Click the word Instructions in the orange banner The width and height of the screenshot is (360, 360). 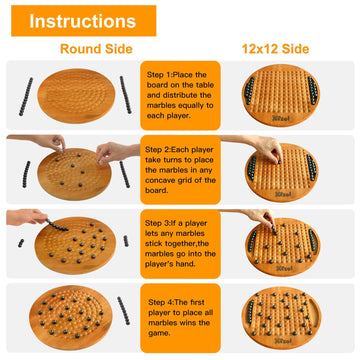83,21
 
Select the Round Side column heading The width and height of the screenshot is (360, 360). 96,49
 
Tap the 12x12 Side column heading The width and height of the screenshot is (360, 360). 275,49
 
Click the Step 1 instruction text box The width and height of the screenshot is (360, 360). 180,95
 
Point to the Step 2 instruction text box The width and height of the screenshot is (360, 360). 180,170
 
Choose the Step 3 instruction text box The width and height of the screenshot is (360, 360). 180,244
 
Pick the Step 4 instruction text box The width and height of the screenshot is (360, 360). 180,318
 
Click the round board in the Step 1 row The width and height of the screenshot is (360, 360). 76,96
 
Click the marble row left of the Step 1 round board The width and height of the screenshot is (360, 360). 26,97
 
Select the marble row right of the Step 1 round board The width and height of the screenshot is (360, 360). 126,95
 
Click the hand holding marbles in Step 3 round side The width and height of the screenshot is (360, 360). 27,217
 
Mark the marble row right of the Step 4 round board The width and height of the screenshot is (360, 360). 123,311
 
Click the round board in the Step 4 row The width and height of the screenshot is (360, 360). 71,318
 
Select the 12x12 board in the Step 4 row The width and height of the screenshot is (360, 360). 281,318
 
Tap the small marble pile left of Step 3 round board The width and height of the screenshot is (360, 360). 21,243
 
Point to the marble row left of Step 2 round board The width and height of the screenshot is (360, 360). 26,174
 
